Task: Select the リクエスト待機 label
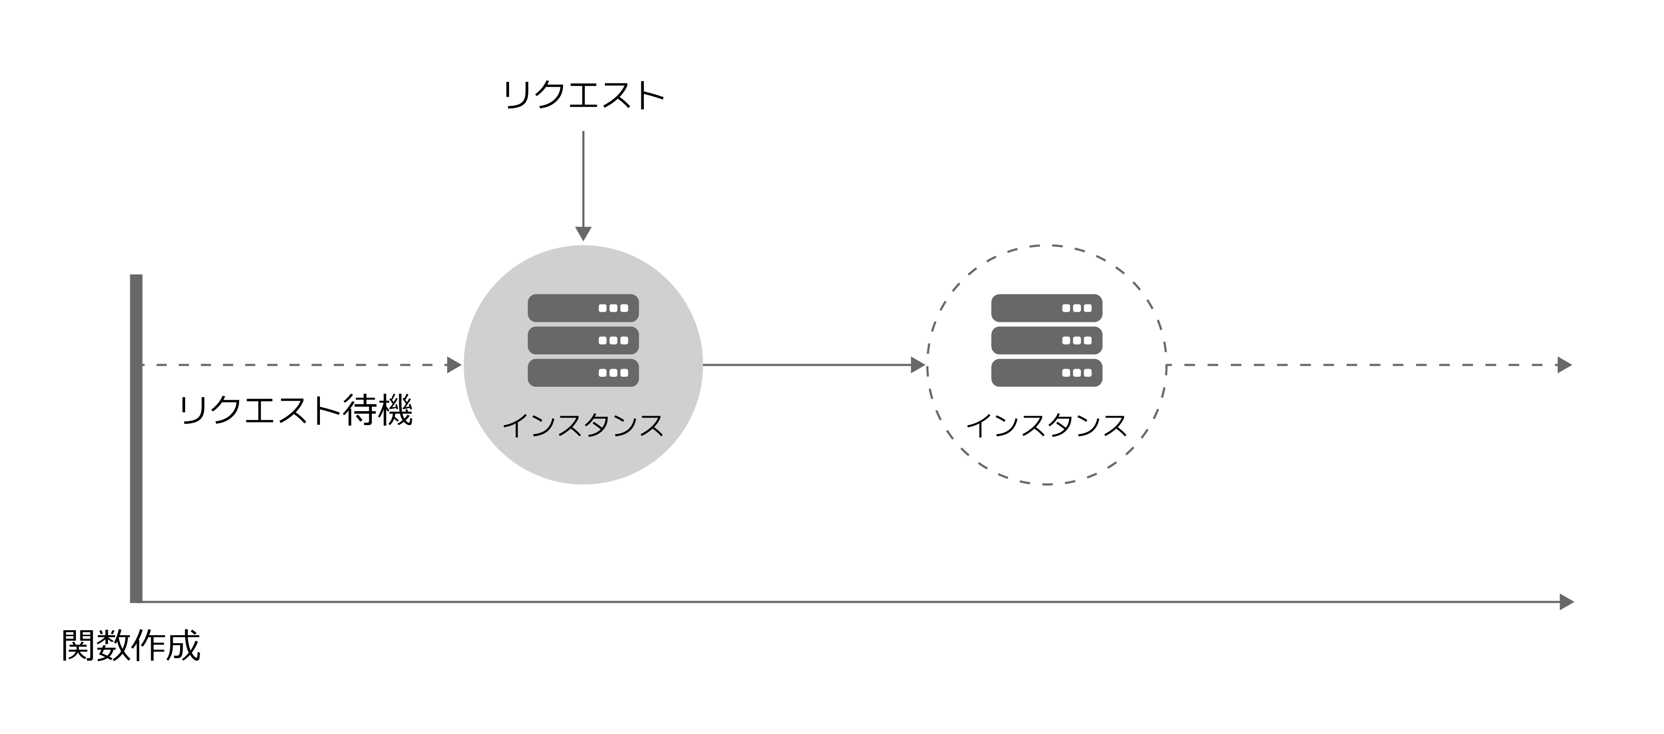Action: pyautogui.click(x=295, y=411)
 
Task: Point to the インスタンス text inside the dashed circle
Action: pyautogui.click(x=1047, y=426)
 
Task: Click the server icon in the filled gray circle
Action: pyautogui.click(x=583, y=340)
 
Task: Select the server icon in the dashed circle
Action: pyautogui.click(x=1047, y=340)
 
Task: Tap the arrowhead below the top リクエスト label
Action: pyautogui.click(x=583, y=234)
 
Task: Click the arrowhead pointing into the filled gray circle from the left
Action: pyautogui.click(x=454, y=365)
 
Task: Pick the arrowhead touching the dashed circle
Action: pyautogui.click(x=918, y=365)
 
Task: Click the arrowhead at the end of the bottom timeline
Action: pyautogui.click(x=1567, y=602)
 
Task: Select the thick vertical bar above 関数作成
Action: pyautogui.click(x=136, y=438)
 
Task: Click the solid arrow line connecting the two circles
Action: pyautogui.click(x=815, y=365)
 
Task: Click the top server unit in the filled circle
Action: pyautogui.click(x=583, y=308)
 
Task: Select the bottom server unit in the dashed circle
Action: pyautogui.click(x=1047, y=372)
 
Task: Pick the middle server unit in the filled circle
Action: pyautogui.click(x=583, y=340)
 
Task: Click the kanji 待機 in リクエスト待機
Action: pyautogui.click(x=378, y=411)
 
